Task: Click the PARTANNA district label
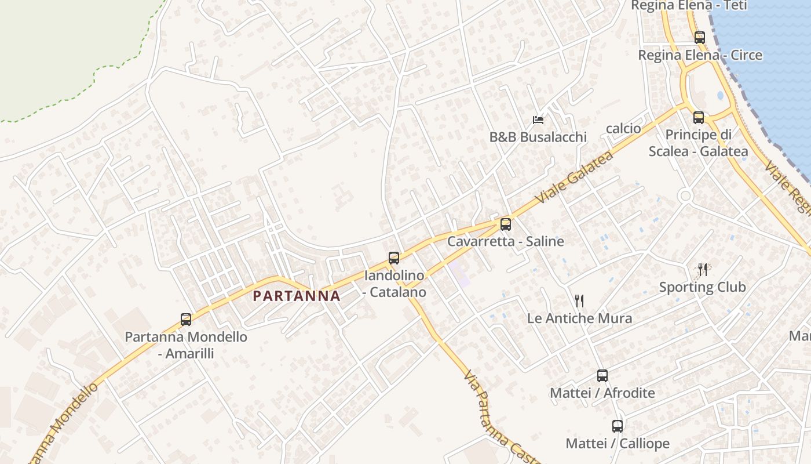coord(297,296)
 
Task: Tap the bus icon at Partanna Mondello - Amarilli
coord(186,319)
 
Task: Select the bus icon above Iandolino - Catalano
coord(394,258)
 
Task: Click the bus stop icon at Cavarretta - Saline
coord(506,224)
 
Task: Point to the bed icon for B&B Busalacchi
coord(538,120)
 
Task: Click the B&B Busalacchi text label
coord(538,137)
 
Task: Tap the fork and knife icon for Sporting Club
coord(703,269)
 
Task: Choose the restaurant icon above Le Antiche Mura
coord(579,300)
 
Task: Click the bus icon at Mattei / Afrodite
coord(602,375)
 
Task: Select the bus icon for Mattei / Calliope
coord(618,426)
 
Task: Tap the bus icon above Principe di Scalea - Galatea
coord(699,117)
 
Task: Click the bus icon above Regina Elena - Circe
coord(700,38)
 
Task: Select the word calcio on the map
coord(623,128)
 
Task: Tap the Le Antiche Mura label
coord(579,318)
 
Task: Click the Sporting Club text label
coord(702,287)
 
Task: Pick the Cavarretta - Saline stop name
coord(505,241)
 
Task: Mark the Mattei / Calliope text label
coord(618,444)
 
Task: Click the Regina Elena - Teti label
coord(689,6)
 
